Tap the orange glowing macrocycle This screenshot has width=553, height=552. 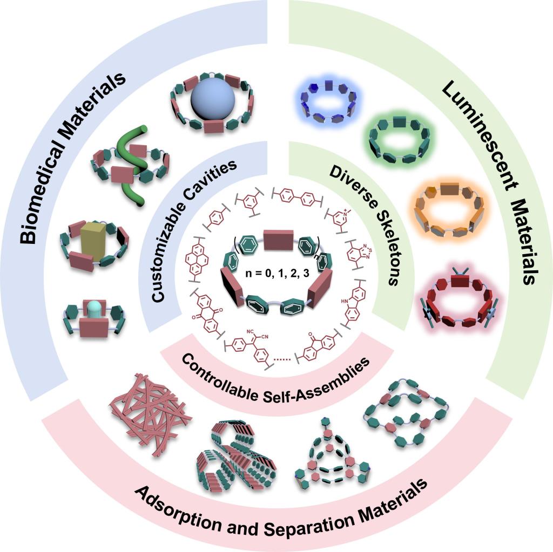coord(448,210)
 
